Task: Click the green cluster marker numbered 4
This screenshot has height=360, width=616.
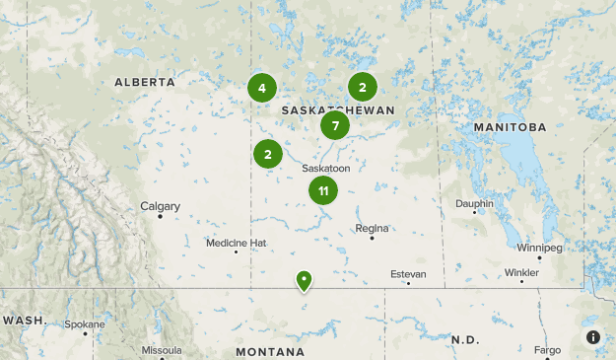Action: click(262, 89)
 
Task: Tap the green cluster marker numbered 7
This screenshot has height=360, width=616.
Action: click(335, 125)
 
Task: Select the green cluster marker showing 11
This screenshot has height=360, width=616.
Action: click(323, 190)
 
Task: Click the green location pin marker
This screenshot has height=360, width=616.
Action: click(305, 281)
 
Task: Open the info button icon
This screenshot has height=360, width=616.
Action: click(593, 337)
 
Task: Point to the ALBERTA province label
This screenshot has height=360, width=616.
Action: click(145, 83)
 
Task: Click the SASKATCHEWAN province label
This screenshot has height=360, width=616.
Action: click(338, 110)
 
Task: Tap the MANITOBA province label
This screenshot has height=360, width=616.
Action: click(509, 128)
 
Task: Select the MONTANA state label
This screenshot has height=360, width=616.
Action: click(270, 352)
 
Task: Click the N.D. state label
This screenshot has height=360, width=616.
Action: click(464, 339)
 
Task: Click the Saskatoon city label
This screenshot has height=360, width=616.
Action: click(325, 169)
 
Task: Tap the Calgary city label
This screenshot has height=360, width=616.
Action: click(160, 206)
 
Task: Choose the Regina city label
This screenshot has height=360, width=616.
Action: click(372, 228)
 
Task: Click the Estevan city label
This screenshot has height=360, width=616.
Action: click(408, 273)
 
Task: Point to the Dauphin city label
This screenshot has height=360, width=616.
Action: click(474, 203)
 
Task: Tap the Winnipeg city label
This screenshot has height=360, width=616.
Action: click(539, 248)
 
